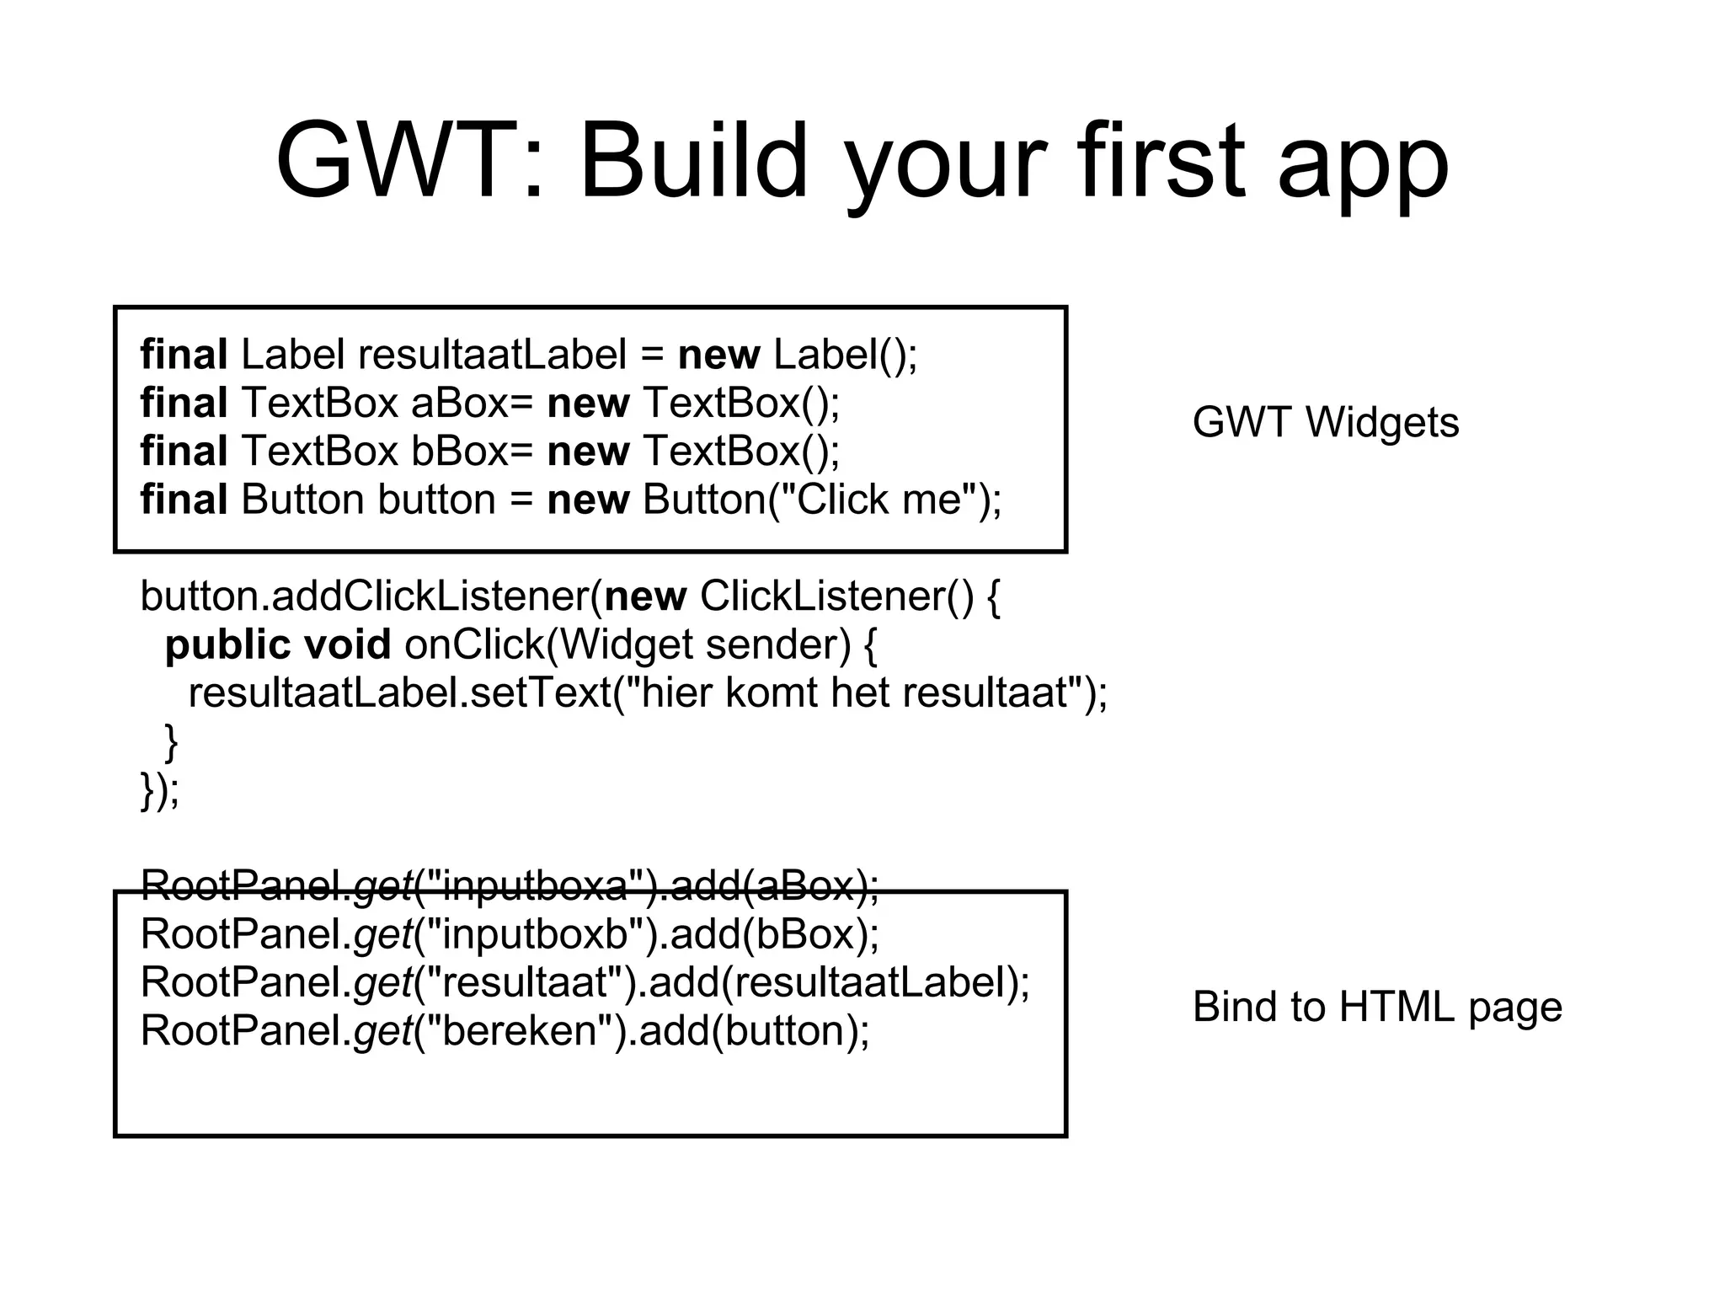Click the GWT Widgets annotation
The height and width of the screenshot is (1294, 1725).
(x=1325, y=422)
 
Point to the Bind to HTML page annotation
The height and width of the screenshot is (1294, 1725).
(x=1376, y=1007)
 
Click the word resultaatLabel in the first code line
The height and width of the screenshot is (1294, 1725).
(x=492, y=355)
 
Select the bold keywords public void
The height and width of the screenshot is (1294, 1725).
(x=277, y=645)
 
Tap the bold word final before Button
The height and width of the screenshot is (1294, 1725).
(x=183, y=500)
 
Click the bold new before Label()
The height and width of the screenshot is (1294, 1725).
(x=718, y=355)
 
